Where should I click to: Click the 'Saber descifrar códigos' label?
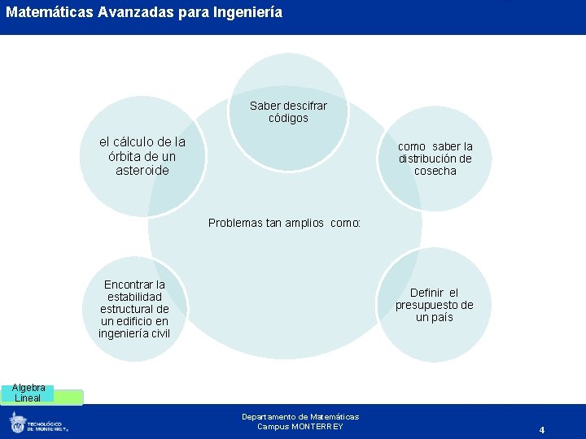tap(288, 112)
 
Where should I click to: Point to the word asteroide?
tap(142, 171)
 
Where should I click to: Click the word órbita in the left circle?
tap(124, 156)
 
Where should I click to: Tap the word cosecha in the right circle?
tap(435, 171)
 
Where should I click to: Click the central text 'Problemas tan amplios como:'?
tap(284, 223)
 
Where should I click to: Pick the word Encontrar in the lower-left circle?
tap(134, 285)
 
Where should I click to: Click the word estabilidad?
tap(134, 297)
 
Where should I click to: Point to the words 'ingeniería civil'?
tap(134, 333)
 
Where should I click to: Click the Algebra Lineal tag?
tap(28, 393)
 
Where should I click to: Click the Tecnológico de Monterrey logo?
tap(38, 423)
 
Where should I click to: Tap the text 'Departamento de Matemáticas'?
tap(300, 416)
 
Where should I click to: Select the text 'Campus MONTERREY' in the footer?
tap(300, 427)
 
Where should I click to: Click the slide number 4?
tap(541, 429)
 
